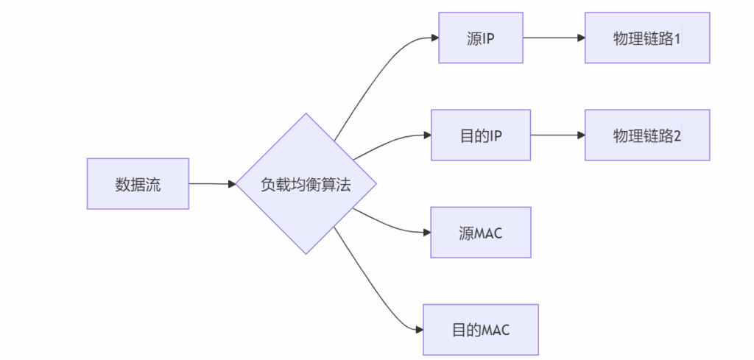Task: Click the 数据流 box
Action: pos(138,184)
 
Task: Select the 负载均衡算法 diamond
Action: pos(306,184)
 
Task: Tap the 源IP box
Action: pos(480,38)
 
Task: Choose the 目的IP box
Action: pos(480,135)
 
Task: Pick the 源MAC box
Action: pos(480,233)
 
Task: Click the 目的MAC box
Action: pos(480,330)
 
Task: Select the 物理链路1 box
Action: pos(647,38)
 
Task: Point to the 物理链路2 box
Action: pos(647,135)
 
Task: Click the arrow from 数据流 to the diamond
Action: pos(212,184)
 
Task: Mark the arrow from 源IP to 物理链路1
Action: pos(552,38)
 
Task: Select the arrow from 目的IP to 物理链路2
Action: pos(556,135)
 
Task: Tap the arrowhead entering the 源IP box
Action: pos(434,38)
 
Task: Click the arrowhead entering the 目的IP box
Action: pos(426,135)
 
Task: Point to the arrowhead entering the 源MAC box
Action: pos(426,233)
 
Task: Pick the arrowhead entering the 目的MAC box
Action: pos(418,330)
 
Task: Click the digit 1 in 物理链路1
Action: pos(677,38)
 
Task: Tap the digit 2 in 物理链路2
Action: pos(677,135)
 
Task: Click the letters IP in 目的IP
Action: pos(496,135)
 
